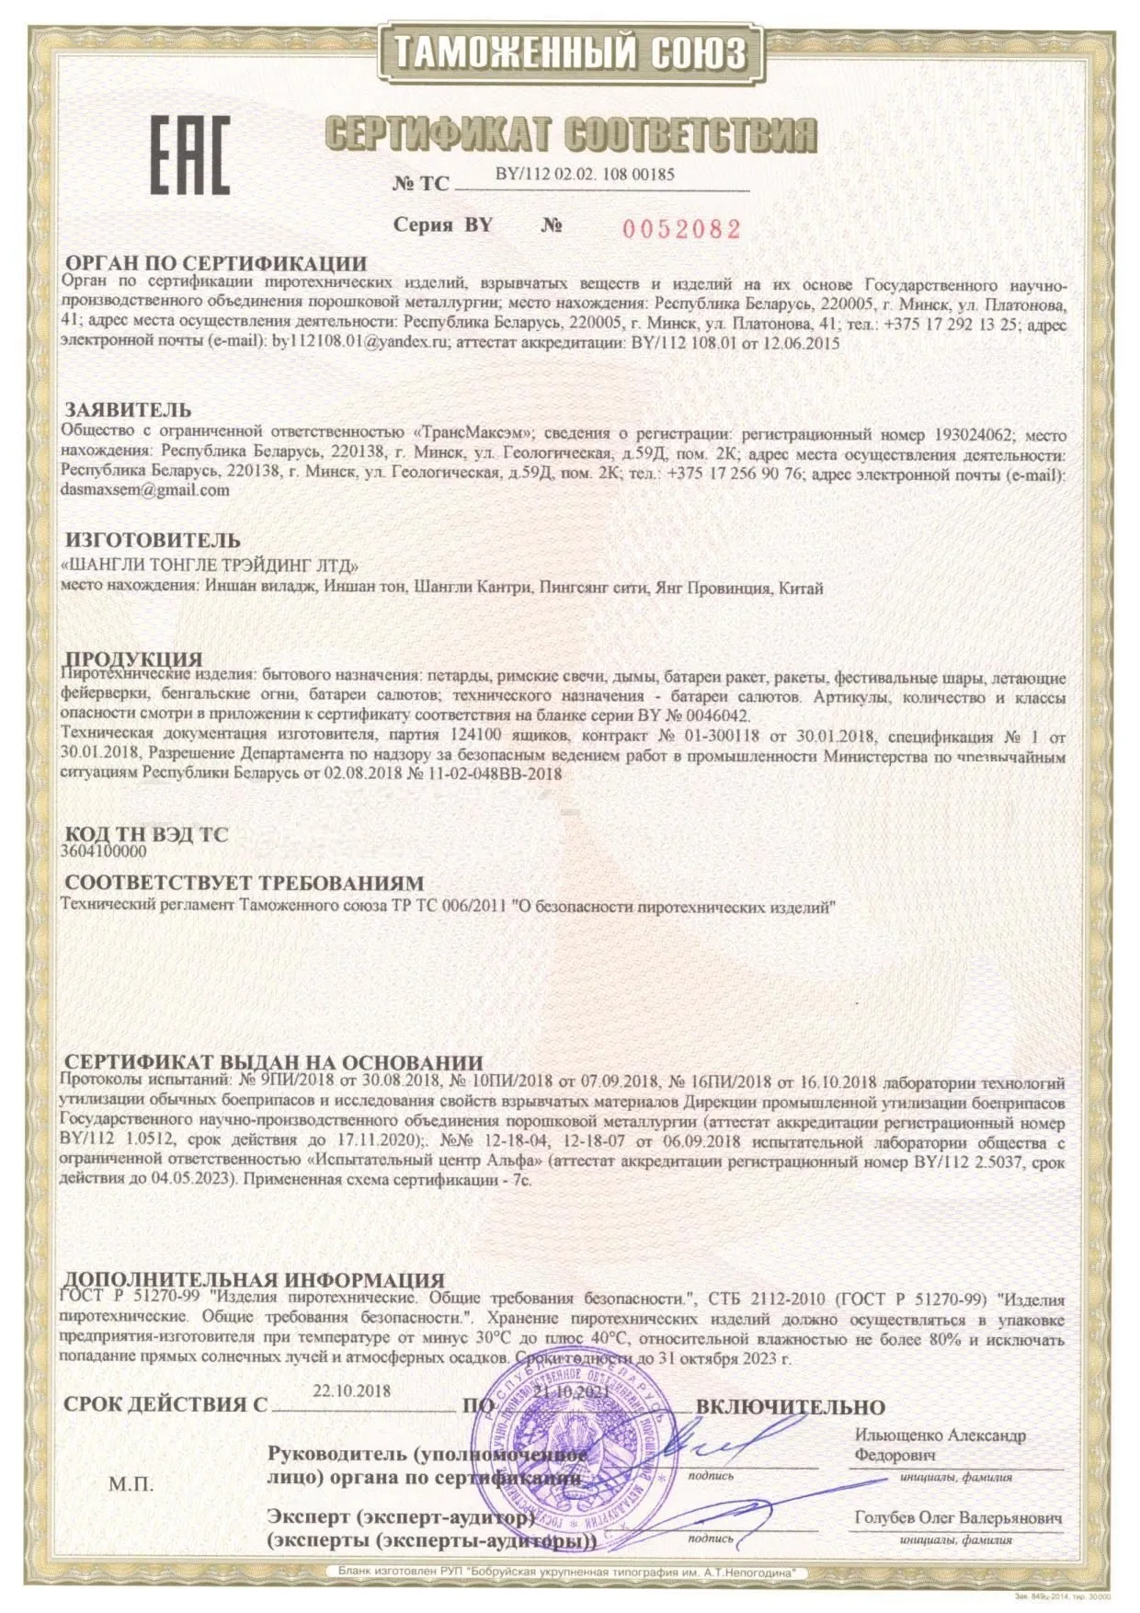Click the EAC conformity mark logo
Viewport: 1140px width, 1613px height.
coord(189,155)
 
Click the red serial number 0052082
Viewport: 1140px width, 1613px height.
coord(681,229)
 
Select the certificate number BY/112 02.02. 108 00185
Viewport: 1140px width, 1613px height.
coord(585,174)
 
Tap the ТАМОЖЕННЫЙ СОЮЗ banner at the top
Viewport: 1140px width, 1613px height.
coord(570,52)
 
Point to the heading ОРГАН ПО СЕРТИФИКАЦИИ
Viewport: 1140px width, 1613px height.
coord(215,264)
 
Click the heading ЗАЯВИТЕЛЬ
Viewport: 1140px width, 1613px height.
coord(128,410)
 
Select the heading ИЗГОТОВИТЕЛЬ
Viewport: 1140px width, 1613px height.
coord(152,540)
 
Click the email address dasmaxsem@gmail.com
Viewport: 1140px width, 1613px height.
coord(144,490)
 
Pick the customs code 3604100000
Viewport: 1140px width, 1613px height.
coord(103,852)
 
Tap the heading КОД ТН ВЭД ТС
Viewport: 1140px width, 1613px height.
coord(146,834)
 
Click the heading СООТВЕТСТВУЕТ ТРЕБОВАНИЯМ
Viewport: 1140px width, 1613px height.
coord(244,884)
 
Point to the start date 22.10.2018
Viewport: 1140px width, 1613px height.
coord(351,1390)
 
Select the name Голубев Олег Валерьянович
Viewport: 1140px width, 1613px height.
coord(958,1518)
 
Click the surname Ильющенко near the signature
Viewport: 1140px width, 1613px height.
coord(898,1436)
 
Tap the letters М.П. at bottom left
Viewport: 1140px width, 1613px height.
coord(131,1484)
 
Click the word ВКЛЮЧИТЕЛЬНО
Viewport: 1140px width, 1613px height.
coord(790,1407)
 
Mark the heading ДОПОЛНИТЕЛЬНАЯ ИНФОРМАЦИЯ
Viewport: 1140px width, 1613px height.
coord(254,1280)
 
